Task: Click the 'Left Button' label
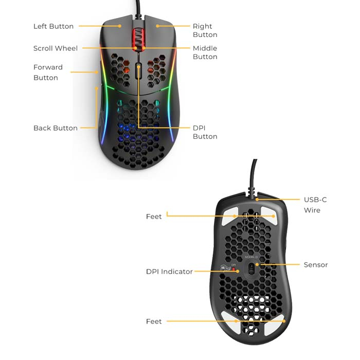53,26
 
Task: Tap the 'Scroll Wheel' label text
56,48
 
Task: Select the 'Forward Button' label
48,73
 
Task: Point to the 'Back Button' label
56,128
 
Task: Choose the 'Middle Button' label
205,52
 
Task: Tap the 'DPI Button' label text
205,132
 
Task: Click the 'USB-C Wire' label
315,205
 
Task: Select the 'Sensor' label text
316,265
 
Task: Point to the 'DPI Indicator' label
169,272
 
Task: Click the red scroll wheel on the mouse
138,40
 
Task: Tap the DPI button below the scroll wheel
138,70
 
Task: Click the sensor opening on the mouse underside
251,268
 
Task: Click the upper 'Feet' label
154,217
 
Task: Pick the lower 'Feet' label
154,321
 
